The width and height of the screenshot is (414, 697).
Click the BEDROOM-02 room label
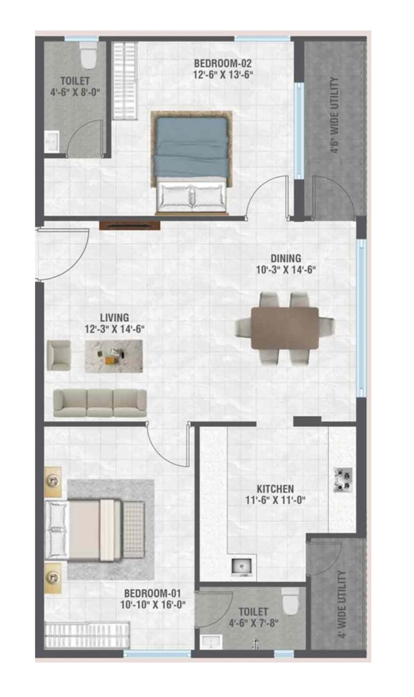point(223,64)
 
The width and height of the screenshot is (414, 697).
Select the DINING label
point(286,258)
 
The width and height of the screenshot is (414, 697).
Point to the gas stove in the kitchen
point(343,480)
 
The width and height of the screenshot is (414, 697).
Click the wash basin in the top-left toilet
point(52,142)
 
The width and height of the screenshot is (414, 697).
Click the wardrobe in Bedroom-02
point(125,81)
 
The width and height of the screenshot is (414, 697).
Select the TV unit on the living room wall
point(130,226)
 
